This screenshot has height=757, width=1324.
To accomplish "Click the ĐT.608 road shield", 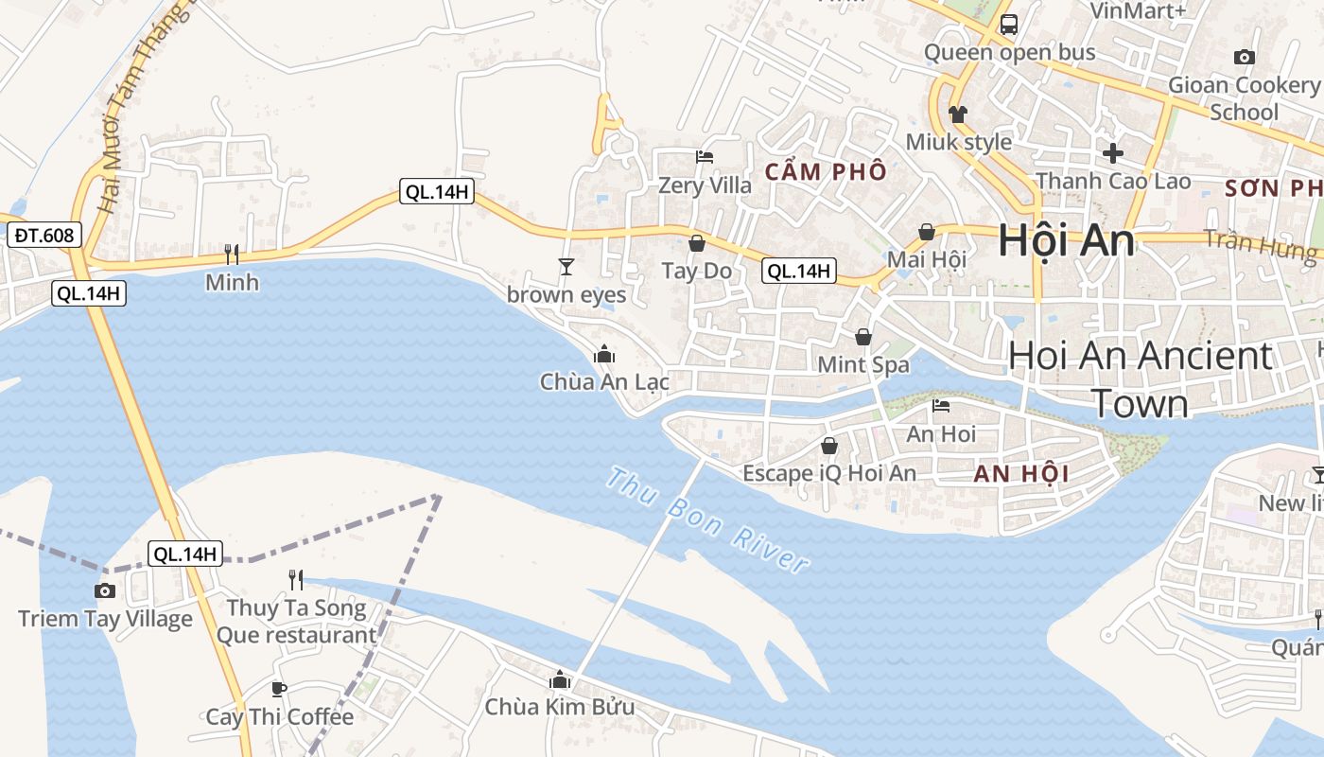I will click(x=44, y=235).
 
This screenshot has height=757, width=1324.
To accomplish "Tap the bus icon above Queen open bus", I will click(x=1009, y=25).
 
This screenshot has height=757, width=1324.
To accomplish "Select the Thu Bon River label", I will click(x=706, y=519).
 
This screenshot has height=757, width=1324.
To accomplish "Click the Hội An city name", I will click(x=1066, y=240).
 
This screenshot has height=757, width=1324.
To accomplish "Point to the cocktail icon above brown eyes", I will click(x=566, y=267).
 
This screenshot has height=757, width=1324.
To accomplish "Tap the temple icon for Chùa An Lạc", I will click(x=604, y=355).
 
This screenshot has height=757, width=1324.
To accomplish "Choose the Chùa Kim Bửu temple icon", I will click(x=560, y=679).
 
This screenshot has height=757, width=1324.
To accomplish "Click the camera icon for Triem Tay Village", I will click(x=105, y=591).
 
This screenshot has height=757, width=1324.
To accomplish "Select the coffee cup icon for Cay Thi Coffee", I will click(x=279, y=689).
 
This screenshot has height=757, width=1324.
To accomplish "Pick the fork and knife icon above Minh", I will click(x=232, y=254).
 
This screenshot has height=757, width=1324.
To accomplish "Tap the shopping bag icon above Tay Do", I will click(x=697, y=243).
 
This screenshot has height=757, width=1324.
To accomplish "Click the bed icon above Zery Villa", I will click(x=705, y=157).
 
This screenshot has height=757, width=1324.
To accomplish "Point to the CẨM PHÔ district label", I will click(x=826, y=171).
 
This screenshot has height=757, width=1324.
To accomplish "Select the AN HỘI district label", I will click(x=1021, y=474).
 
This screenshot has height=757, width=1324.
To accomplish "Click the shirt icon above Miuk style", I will click(x=958, y=114).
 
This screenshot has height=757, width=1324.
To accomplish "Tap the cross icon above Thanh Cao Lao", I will click(x=1113, y=152).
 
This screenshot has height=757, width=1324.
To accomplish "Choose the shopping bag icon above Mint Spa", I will click(x=863, y=337).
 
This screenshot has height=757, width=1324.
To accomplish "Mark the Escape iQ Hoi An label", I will click(x=829, y=472).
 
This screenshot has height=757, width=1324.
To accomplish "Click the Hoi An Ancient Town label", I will click(x=1140, y=379).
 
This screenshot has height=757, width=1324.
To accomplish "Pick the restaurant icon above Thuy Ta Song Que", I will click(x=296, y=579).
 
